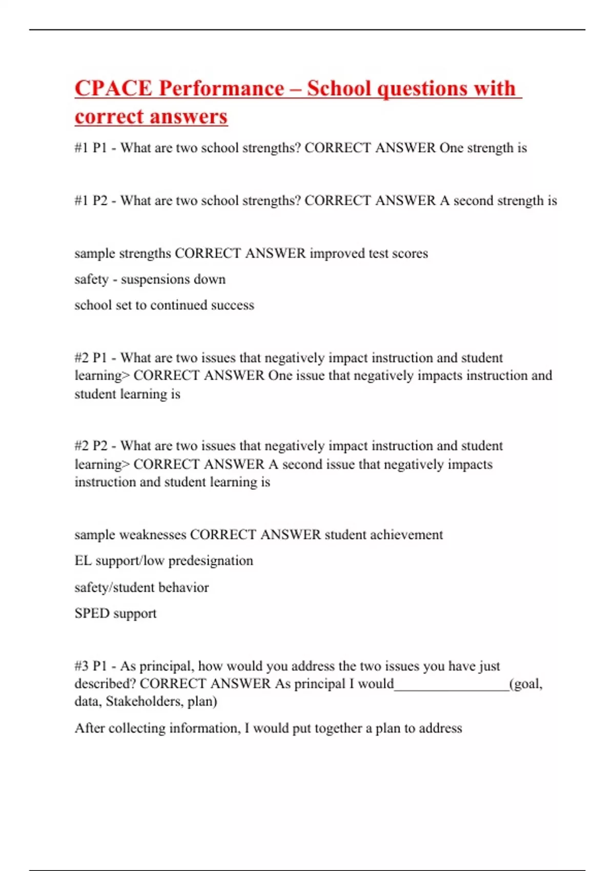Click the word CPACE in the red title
pyautogui.click(x=113, y=88)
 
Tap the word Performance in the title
pyautogui.click(x=221, y=88)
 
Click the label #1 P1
pyautogui.click(x=91, y=148)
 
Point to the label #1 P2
pyautogui.click(x=91, y=200)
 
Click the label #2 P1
pyautogui.click(x=91, y=358)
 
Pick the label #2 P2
pyautogui.click(x=91, y=446)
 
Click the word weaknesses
pyautogui.click(x=152, y=535)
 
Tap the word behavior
pyautogui.click(x=183, y=588)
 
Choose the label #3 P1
pyautogui.click(x=91, y=666)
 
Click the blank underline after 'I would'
pyautogui.click(x=451, y=685)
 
